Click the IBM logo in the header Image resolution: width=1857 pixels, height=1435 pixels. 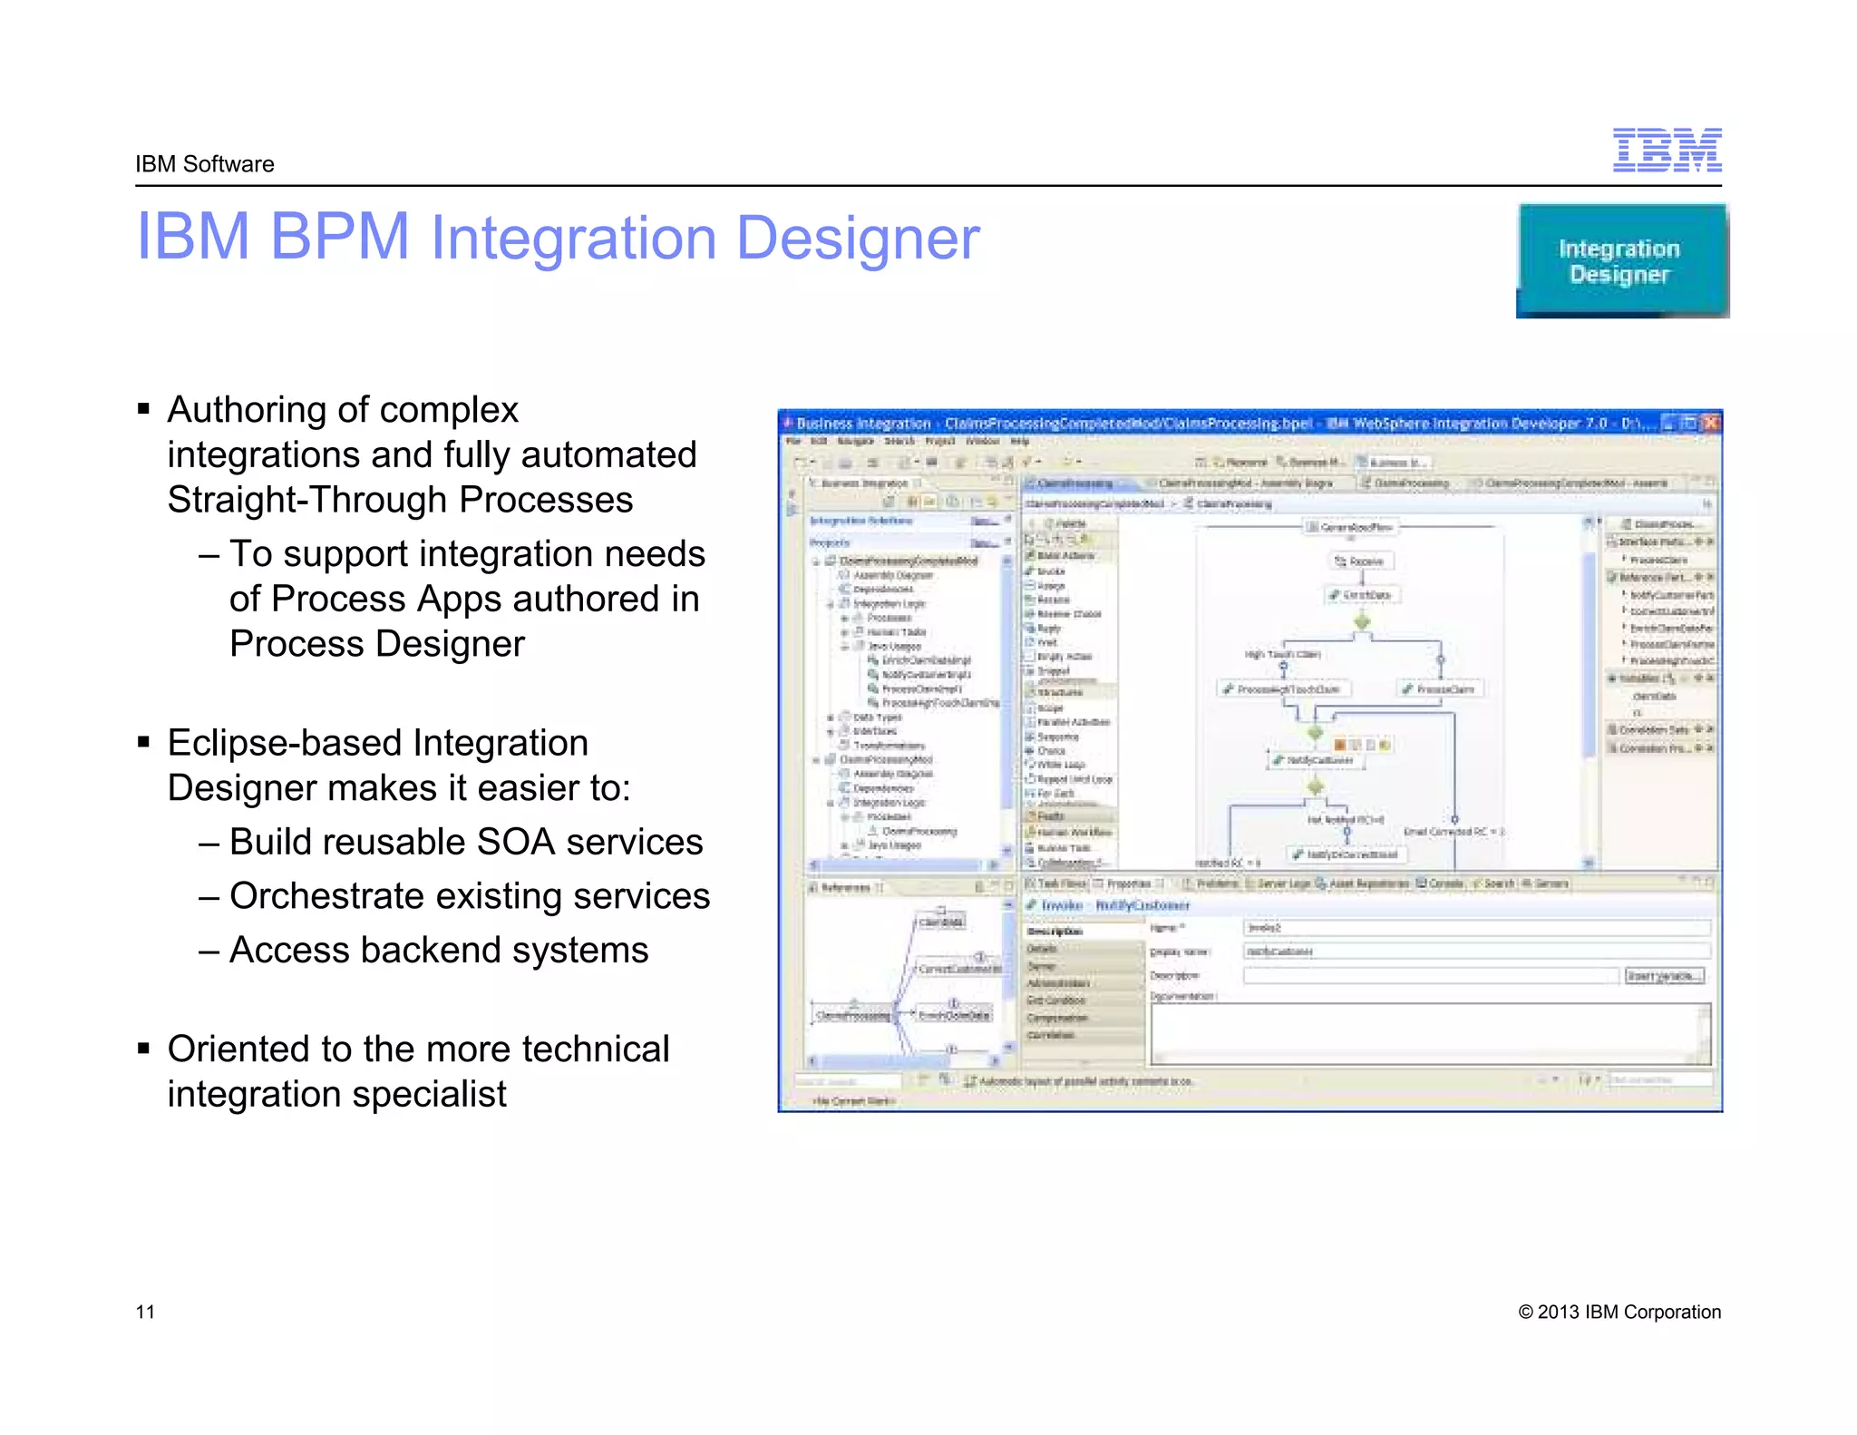pos(1667,151)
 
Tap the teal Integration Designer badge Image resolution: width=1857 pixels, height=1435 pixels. pos(1621,261)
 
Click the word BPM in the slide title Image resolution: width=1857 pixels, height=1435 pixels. pos(339,238)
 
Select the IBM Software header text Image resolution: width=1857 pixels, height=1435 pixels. pos(204,164)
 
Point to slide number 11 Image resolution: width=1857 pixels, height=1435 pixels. pos(145,1312)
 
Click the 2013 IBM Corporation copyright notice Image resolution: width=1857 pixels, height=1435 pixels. pos(1619,1312)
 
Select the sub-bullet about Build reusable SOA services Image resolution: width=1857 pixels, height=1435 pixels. pos(465,842)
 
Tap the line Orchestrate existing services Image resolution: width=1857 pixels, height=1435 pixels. pos(469,896)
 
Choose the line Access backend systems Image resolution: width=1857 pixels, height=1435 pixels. pos(439,950)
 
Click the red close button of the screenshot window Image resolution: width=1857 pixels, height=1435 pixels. pos(1710,423)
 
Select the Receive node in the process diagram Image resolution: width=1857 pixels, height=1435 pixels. pos(1360,561)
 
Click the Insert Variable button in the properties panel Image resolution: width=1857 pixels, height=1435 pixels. pos(1664,976)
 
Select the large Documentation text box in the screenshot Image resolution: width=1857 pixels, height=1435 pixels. pos(1430,1034)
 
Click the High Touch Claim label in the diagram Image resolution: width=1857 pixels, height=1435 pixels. pos(1282,654)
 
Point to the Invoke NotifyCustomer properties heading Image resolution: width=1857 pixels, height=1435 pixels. pos(1108,905)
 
